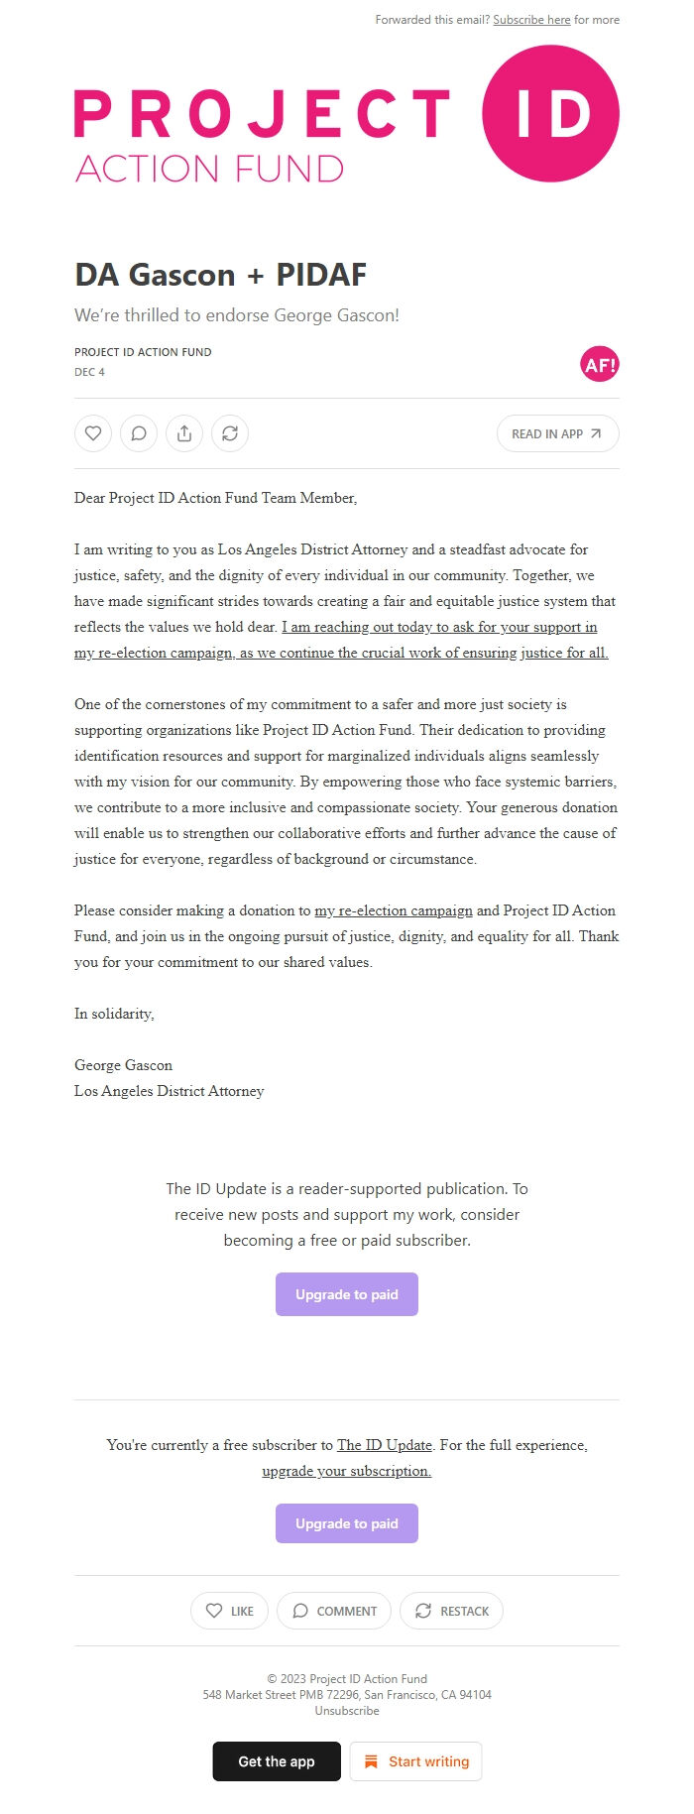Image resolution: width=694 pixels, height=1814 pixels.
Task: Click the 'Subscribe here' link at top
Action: pos(531,20)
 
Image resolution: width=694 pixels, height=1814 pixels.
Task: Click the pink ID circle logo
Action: pos(550,114)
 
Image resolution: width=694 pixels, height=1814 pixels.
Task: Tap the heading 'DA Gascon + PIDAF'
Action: pos(220,275)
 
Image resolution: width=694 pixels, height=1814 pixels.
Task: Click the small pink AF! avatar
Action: pos(599,365)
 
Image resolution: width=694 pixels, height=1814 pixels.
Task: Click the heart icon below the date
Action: pos(93,433)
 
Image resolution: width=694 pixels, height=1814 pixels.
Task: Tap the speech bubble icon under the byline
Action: pos(139,433)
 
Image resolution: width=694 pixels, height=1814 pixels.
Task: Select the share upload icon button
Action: pos(184,433)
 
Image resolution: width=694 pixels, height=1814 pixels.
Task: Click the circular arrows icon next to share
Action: pos(230,433)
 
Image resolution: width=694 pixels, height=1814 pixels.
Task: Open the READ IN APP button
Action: pos(557,433)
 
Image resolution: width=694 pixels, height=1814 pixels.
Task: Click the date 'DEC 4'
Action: pos(89,372)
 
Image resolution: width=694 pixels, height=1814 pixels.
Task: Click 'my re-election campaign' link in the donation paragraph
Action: pos(393,910)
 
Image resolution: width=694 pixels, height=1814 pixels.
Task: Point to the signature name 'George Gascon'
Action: pos(123,1065)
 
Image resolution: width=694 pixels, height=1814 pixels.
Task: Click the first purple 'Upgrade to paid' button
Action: pos(347,1294)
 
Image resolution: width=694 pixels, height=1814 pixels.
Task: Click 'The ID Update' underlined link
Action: pos(385,1445)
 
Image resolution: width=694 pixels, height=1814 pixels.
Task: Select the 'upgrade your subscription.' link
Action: pos(347,1471)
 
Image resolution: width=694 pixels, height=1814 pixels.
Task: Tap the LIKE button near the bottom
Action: pos(229,1611)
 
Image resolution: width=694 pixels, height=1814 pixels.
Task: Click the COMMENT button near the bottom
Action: pos(334,1611)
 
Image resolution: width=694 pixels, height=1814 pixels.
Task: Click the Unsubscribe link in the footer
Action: pos(347,1711)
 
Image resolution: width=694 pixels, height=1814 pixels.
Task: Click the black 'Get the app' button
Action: pos(277,1761)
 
